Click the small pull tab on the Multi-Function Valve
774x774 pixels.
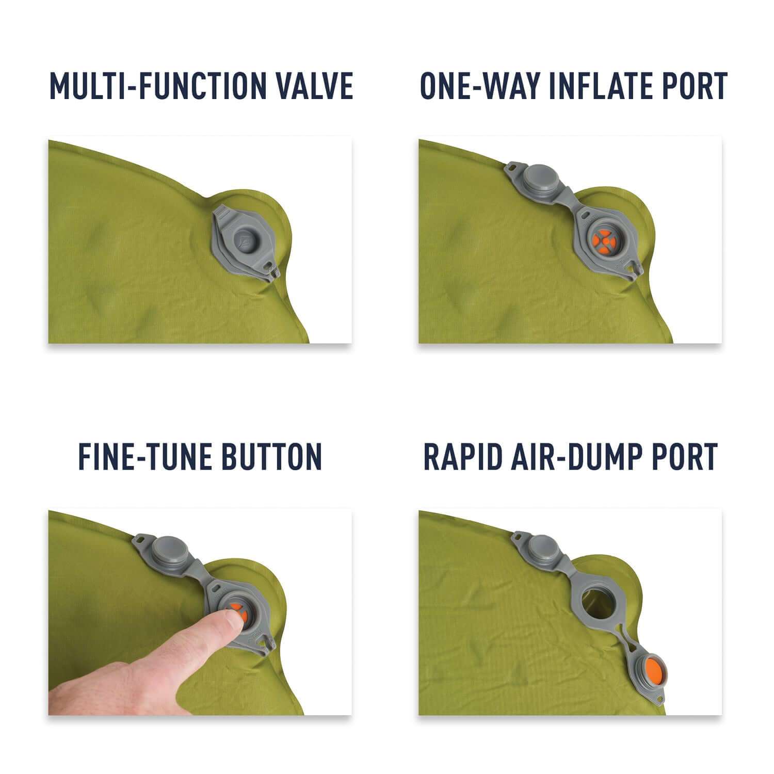272,271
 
